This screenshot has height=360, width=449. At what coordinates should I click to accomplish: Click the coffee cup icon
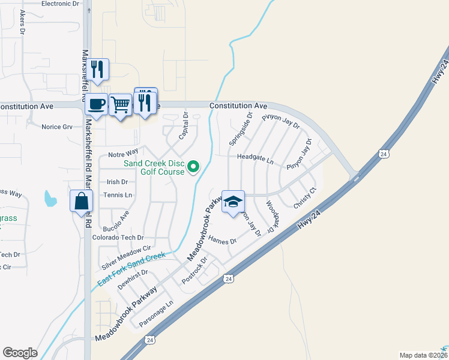[x=96, y=104]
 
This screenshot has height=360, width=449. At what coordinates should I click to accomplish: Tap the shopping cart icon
[x=121, y=106]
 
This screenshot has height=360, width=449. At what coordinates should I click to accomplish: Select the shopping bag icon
[x=81, y=202]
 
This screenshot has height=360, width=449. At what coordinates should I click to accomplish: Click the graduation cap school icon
[x=233, y=202]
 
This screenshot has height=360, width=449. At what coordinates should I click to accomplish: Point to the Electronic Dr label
[x=60, y=4]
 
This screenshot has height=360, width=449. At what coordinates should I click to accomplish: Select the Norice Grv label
[x=56, y=127]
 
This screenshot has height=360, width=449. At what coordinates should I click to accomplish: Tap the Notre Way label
[x=123, y=155]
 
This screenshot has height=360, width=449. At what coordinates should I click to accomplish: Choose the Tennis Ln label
[x=118, y=195]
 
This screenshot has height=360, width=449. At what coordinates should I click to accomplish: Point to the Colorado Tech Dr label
[x=118, y=238]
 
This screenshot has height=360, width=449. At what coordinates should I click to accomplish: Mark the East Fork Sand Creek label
[x=131, y=268]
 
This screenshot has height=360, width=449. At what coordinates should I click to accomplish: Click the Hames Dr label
[x=223, y=240]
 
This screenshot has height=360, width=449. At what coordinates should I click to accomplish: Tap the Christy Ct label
[x=304, y=199]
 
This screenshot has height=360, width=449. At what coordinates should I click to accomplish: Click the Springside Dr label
[x=240, y=128]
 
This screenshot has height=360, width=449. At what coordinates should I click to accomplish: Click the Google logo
[x=20, y=353]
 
